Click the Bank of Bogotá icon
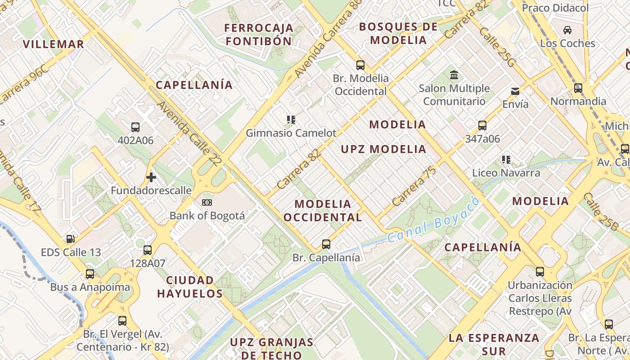pyautogui.click(x=207, y=202)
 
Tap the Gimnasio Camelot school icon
pyautogui.click(x=291, y=120)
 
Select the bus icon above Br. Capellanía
pyautogui.click(x=326, y=244)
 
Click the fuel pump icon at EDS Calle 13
pyautogui.click(x=70, y=239)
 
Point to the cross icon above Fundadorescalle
pyautogui.click(x=151, y=177)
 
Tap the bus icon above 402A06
pyautogui.click(x=135, y=127)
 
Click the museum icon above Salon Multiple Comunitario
pyautogui.click(x=454, y=75)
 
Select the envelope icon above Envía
pyautogui.click(x=515, y=91)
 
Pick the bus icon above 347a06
pyautogui.click(x=482, y=126)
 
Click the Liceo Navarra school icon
pyautogui.click(x=506, y=160)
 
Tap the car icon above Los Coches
pyautogui.click(x=567, y=30)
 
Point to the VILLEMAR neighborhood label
pyautogui.click(x=54, y=44)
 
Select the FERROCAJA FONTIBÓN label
pyautogui.click(x=259, y=34)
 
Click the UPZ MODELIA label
pyautogui.click(x=383, y=149)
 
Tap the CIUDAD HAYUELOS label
pyautogui.click(x=190, y=287)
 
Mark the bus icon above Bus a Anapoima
pyautogui.click(x=90, y=274)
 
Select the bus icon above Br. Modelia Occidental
pyautogui.click(x=360, y=65)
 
